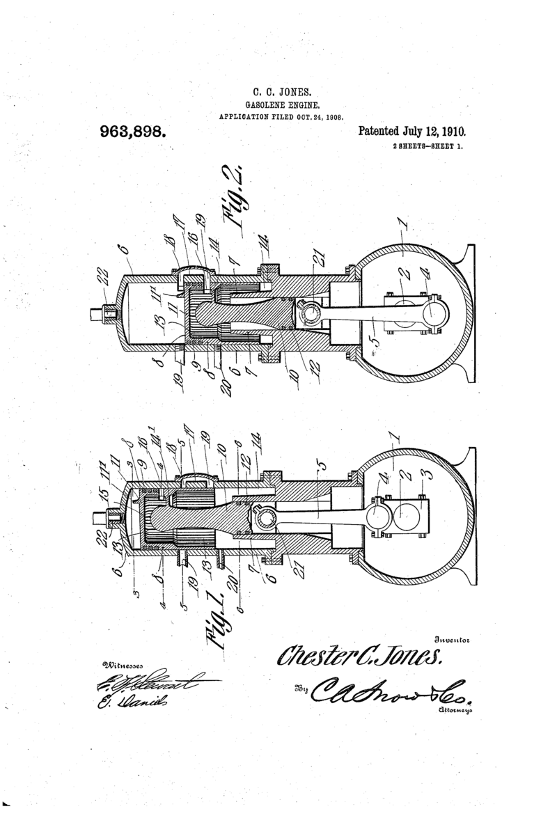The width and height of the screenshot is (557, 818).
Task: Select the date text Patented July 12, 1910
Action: pyautogui.click(x=411, y=131)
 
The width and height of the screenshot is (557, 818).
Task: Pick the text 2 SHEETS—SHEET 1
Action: pyautogui.click(x=427, y=147)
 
